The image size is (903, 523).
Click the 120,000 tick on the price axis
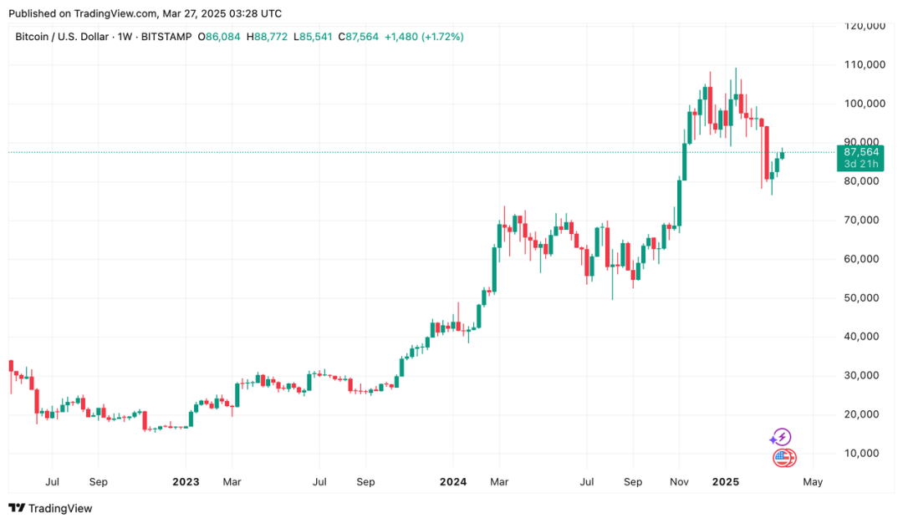(865, 26)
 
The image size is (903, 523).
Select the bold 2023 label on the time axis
(186, 482)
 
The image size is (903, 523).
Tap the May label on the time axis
(813, 482)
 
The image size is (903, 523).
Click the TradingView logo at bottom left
(50, 508)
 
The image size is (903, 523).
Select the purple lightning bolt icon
(781, 437)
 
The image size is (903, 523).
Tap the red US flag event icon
(783, 457)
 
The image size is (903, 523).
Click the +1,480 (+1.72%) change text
(425, 37)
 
